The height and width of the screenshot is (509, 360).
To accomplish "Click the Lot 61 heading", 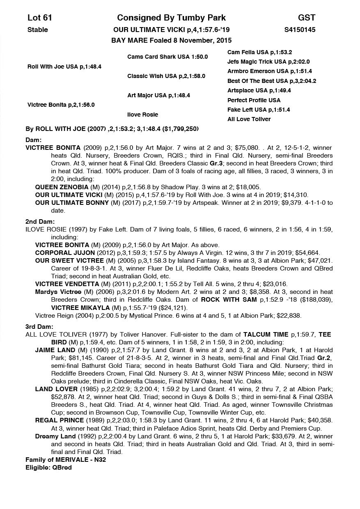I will click(40, 18).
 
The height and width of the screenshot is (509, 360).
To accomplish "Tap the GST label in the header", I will click(307, 18).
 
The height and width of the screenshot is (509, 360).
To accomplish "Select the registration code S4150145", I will click(300, 30).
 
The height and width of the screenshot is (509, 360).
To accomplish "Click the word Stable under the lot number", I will click(38, 30).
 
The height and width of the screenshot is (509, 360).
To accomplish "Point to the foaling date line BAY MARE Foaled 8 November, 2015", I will click(171, 40).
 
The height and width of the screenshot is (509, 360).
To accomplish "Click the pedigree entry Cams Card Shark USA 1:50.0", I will click(167, 57).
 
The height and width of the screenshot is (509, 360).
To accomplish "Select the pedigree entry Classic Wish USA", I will click(166, 76).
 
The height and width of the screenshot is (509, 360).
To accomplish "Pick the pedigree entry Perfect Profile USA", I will click(254, 100).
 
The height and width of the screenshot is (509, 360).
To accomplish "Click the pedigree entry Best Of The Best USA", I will click(272, 81).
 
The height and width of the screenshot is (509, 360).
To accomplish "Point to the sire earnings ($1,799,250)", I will click(181, 129).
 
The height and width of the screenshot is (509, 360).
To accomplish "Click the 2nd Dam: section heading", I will click(40, 222).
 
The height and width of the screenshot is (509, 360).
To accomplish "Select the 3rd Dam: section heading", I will click(39, 327).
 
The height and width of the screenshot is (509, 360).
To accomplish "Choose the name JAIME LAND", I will click(55, 350).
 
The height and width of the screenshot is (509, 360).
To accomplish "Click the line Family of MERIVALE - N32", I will click(66, 460).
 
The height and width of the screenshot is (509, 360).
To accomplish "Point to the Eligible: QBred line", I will click(48, 468).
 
